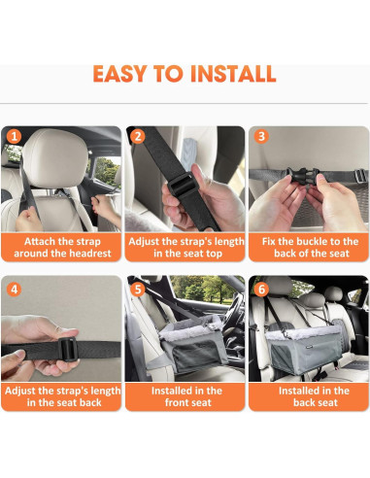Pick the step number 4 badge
[14, 289]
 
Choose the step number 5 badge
[138, 289]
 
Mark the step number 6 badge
[261, 289]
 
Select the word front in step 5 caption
[171, 403]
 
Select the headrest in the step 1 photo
[49, 160]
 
